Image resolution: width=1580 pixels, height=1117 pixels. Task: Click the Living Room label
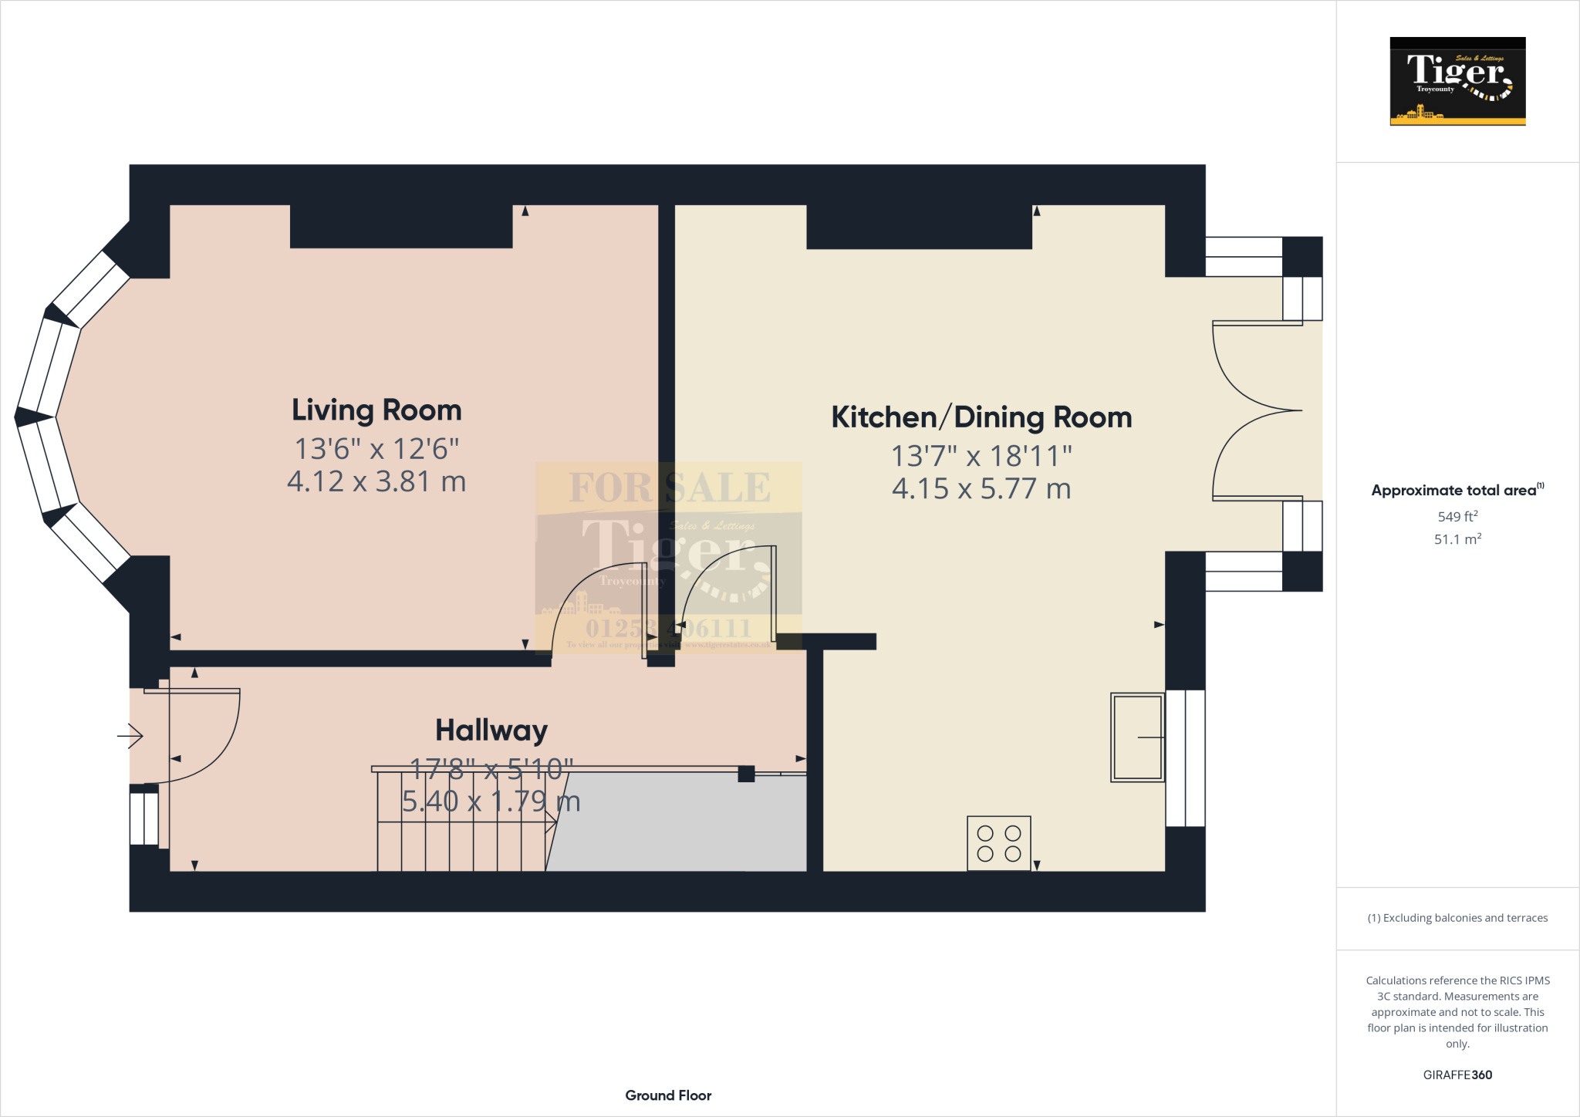(376, 410)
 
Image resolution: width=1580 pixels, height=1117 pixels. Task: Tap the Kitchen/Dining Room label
(981, 417)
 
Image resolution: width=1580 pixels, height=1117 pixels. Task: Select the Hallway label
(491, 730)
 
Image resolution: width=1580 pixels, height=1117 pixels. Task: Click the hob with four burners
(999, 843)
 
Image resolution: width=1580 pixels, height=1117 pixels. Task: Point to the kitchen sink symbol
(1137, 737)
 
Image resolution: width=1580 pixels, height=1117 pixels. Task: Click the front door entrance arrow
(130, 736)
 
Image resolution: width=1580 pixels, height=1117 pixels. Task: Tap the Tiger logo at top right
(1457, 81)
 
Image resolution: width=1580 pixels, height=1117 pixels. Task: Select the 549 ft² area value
(1457, 516)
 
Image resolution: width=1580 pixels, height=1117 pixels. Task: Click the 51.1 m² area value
(1457, 539)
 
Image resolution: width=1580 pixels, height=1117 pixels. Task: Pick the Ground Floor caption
(668, 1095)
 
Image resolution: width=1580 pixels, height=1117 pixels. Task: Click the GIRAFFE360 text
(1457, 1075)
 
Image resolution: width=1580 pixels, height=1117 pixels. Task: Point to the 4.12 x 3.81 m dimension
(376, 481)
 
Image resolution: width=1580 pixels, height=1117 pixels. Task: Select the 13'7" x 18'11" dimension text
(981, 456)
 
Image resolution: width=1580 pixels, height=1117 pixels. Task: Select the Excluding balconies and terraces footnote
(1457, 918)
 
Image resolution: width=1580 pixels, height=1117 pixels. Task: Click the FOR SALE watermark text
(669, 488)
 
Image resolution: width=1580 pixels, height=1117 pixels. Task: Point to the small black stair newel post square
(746, 774)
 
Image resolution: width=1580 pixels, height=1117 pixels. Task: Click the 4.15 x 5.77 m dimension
(981, 489)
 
